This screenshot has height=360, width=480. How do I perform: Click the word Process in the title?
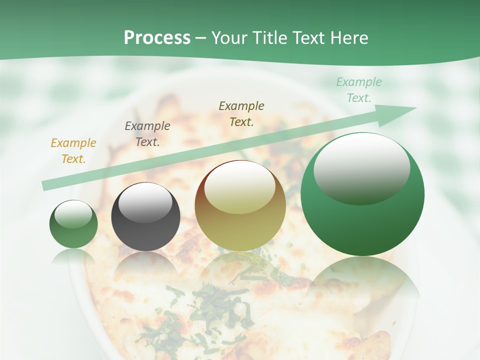[157, 38]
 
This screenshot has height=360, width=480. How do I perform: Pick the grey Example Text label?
[147, 134]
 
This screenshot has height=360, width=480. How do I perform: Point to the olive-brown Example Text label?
[241, 114]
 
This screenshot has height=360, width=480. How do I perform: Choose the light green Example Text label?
[358, 90]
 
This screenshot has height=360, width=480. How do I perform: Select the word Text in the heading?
[308, 38]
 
